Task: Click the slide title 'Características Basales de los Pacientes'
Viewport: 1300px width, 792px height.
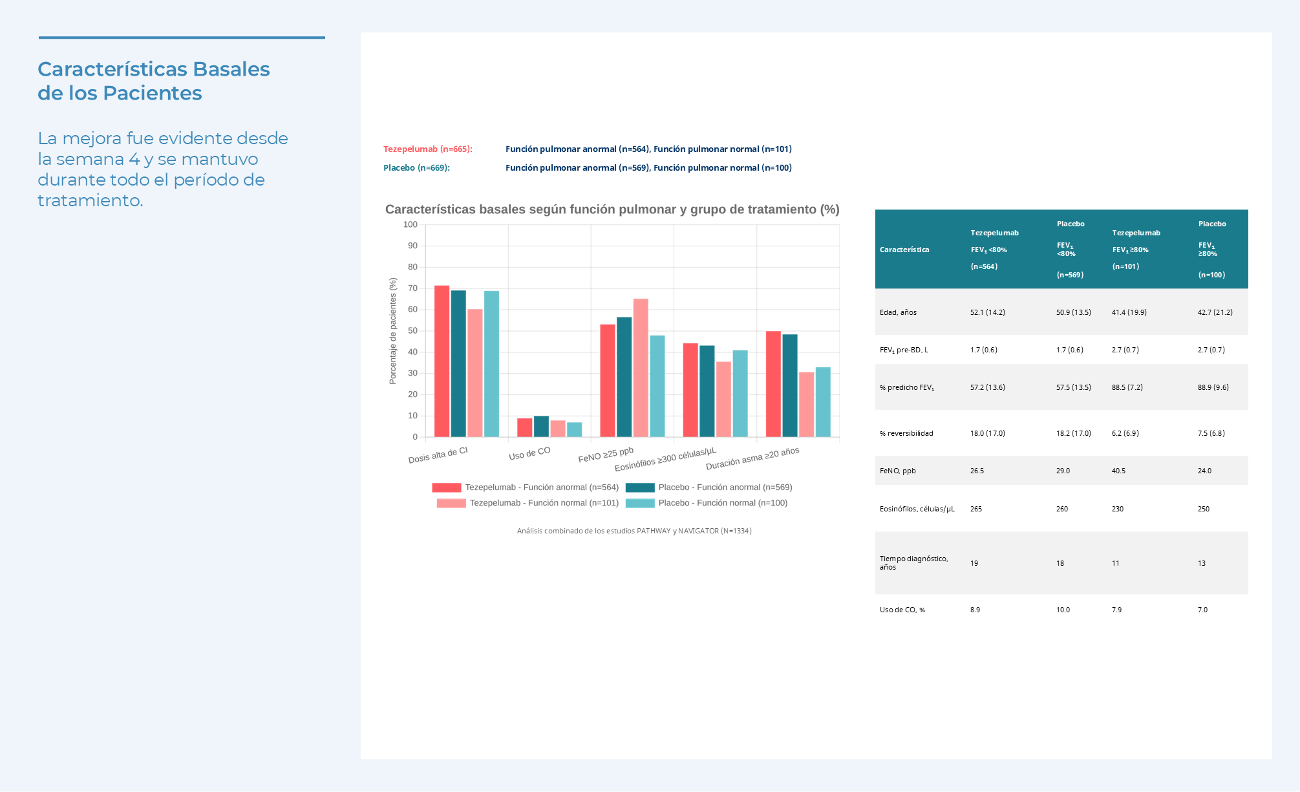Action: tap(154, 81)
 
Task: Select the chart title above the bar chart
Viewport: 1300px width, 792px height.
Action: tap(612, 209)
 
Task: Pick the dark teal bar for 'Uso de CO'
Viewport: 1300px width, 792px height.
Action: tap(541, 426)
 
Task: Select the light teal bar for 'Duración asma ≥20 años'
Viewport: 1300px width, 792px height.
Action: tap(823, 401)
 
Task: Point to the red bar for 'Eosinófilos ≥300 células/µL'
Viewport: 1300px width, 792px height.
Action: tap(690, 390)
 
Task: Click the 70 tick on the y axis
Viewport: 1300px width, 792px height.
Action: tap(412, 288)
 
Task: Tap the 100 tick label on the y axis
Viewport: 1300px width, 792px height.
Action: tap(410, 224)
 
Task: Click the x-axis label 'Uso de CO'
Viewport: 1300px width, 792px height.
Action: tap(529, 453)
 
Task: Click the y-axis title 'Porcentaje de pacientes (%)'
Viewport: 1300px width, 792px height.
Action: tap(392, 331)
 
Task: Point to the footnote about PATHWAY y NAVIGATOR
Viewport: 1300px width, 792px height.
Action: tap(634, 531)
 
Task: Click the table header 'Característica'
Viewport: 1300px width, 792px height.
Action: tap(904, 250)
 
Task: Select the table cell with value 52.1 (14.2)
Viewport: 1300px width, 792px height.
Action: tap(988, 312)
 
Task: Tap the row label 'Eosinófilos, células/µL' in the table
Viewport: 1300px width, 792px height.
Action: tap(917, 509)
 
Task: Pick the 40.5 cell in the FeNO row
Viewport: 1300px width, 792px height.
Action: tap(1118, 471)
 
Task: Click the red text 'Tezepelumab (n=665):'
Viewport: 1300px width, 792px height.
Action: tap(428, 149)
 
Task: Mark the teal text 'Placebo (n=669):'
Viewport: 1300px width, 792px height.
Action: tap(416, 168)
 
